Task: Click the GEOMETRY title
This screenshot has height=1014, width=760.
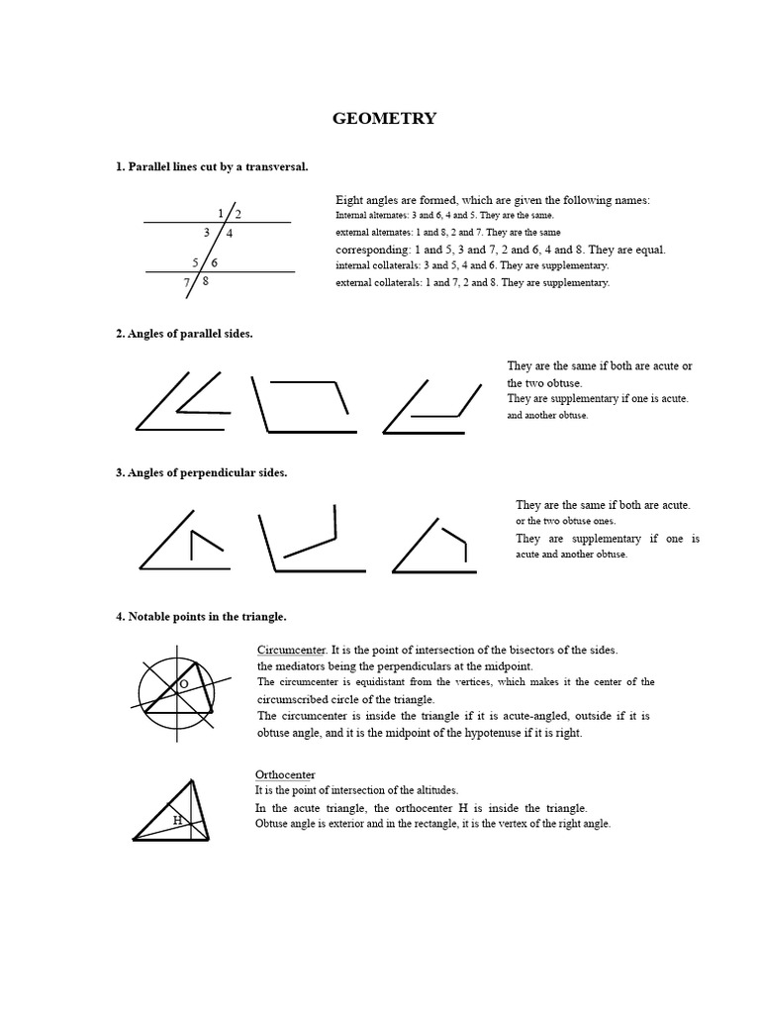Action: pos(384,119)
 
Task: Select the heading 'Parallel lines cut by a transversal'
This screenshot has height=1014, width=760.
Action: pos(212,167)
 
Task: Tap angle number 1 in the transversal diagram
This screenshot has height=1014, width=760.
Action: pos(220,213)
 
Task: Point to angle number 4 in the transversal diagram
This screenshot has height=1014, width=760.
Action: pos(230,234)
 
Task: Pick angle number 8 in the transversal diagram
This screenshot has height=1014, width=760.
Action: pos(205,281)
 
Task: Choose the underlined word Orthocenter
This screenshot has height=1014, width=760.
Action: pos(285,774)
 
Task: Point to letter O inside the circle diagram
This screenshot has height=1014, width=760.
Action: pos(183,684)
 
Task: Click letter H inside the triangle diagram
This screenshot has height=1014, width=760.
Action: pos(177,820)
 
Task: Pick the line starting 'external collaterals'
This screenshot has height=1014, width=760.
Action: pos(472,282)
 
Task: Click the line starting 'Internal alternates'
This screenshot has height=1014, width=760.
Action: pos(444,215)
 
